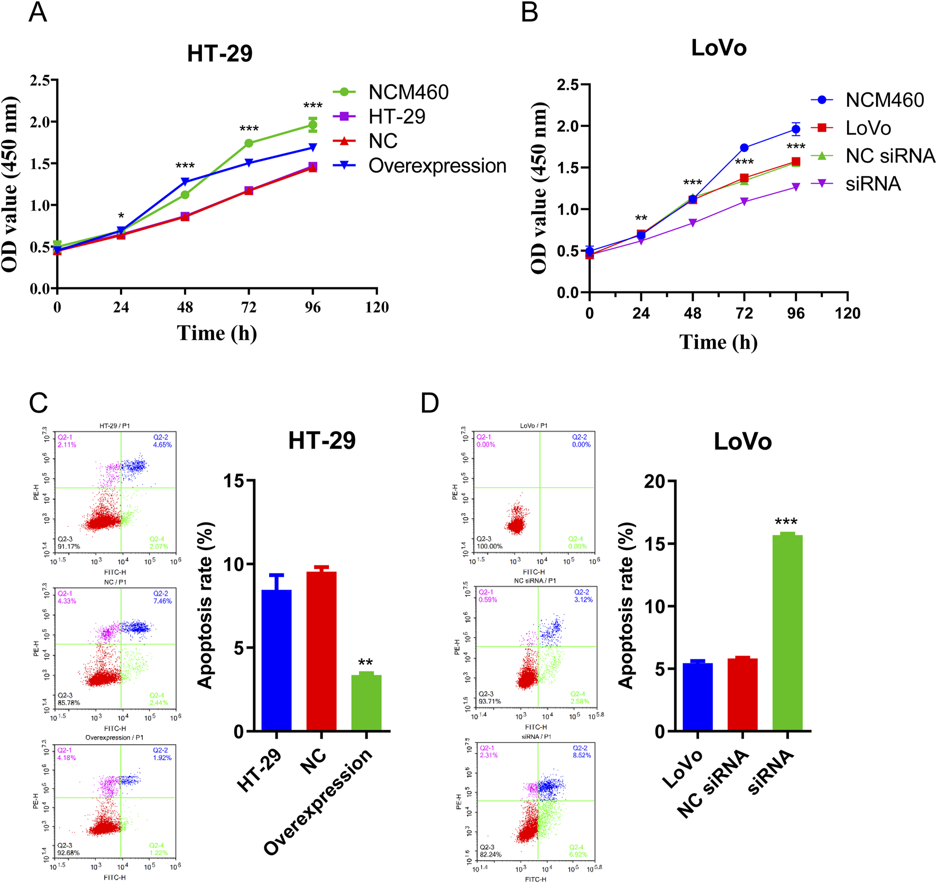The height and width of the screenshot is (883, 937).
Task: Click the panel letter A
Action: click(x=38, y=13)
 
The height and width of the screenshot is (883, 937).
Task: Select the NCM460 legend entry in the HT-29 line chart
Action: click(x=408, y=92)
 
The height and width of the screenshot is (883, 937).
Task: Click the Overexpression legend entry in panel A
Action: click(x=437, y=166)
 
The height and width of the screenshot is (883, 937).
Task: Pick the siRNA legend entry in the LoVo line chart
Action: click(x=873, y=184)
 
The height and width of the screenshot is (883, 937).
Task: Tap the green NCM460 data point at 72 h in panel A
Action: click(x=249, y=143)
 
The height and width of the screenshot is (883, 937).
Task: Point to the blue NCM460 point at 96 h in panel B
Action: click(x=796, y=129)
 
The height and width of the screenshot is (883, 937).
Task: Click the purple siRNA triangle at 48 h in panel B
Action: click(x=693, y=223)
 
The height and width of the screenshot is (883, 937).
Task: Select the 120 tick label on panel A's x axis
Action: click(x=376, y=307)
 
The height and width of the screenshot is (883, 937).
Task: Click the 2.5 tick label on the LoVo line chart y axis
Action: click(x=568, y=85)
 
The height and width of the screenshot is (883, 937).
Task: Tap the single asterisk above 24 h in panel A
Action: click(x=121, y=216)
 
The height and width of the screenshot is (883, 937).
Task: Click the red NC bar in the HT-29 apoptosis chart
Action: click(x=321, y=651)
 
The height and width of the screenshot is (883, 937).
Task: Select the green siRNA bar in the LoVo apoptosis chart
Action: click(x=787, y=633)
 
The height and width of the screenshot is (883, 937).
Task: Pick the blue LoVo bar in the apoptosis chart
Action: click(x=697, y=697)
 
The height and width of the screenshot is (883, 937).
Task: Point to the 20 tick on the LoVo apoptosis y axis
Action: click(x=654, y=481)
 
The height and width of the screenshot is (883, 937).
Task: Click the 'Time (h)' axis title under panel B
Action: click(x=718, y=342)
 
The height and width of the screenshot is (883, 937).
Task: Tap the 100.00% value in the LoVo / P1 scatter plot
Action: click(x=490, y=546)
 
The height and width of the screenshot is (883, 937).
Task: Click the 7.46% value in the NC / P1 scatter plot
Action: click(x=162, y=601)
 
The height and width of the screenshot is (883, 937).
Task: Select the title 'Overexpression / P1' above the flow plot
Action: click(x=114, y=738)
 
